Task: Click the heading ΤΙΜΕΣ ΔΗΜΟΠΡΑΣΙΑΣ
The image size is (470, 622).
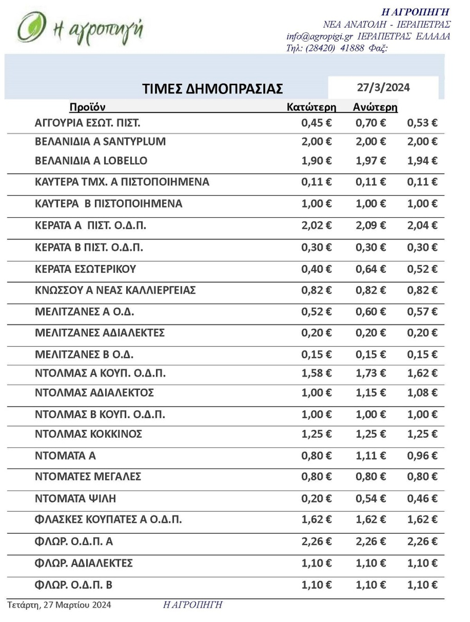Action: (212, 89)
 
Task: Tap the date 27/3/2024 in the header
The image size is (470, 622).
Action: (383, 87)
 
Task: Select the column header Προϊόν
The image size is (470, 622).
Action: (87, 107)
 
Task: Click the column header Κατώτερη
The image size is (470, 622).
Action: (311, 107)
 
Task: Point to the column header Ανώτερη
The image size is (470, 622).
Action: (375, 107)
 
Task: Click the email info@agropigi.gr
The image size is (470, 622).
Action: (320, 36)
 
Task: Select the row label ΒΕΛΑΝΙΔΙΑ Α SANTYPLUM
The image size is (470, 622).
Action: (100, 142)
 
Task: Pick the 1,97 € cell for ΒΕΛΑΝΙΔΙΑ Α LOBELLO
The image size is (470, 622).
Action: (371, 161)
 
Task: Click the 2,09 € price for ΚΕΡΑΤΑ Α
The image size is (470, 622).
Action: (371, 226)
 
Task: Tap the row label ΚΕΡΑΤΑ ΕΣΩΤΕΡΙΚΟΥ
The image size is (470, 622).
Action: (85, 269)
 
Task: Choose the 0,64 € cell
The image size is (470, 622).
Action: (371, 269)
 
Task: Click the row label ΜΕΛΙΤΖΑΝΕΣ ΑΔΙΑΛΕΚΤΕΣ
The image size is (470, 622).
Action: (100, 333)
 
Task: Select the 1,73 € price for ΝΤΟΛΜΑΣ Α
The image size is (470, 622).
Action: (371, 373)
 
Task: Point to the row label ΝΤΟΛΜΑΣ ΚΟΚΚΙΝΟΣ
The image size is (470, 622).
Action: (89, 434)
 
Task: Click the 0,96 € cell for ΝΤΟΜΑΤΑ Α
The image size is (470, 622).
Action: (422, 456)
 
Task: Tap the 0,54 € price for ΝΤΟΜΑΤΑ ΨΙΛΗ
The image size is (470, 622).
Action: (371, 498)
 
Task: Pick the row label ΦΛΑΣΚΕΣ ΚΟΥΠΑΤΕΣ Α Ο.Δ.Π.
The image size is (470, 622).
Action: (108, 520)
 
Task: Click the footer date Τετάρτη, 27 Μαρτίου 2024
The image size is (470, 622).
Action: (59, 605)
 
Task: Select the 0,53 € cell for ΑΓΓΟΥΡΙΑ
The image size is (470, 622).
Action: (422, 123)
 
